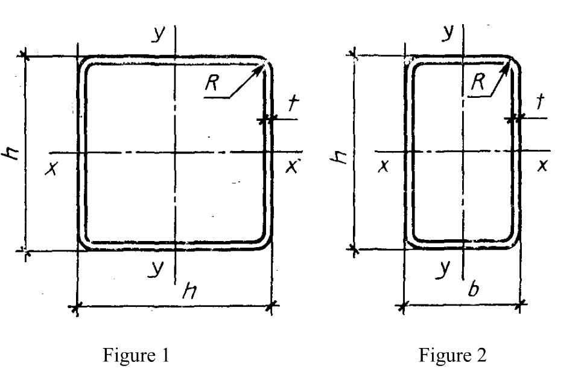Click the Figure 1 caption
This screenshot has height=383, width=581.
tap(136, 356)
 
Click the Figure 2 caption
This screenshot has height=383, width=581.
tap(452, 355)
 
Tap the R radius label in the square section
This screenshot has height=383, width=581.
tap(212, 82)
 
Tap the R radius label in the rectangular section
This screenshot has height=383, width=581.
tap(478, 82)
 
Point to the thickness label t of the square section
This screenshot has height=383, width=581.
tap(293, 103)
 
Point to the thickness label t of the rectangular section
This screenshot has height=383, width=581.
tap(541, 101)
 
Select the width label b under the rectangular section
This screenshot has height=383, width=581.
tap(473, 289)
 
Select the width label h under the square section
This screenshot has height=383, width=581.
tap(189, 291)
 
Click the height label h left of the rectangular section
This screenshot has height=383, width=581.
tap(338, 157)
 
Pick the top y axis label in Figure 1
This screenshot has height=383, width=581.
tap(158, 34)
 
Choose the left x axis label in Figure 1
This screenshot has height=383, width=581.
tap(51, 169)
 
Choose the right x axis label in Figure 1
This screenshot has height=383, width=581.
tap(292, 167)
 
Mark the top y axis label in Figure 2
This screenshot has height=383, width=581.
tap(448, 33)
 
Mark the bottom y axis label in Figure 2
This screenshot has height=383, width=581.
tap(443, 268)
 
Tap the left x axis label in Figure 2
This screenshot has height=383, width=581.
tap(384, 166)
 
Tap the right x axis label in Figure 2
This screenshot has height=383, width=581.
tap(542, 165)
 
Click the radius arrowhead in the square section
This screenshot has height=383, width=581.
tap(259, 69)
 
